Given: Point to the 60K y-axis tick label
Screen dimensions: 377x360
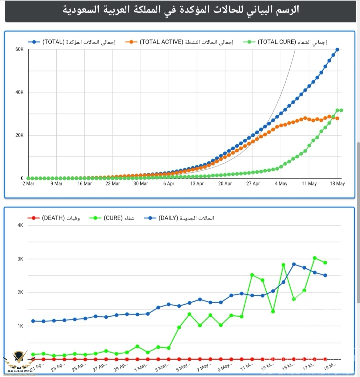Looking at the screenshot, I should tap(20, 49).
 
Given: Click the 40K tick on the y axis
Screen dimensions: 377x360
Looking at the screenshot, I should tap(20, 92).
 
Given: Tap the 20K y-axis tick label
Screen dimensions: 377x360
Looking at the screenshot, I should tap(20, 135).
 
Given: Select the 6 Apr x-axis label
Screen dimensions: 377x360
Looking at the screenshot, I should tap(169, 184).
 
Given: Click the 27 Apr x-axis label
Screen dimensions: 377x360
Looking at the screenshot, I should tap(253, 184).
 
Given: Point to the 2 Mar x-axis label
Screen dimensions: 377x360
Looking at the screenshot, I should tap(28, 184).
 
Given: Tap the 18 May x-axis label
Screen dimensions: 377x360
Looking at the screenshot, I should tap(337, 184).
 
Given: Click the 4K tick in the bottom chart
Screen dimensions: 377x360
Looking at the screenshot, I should tap(20, 225).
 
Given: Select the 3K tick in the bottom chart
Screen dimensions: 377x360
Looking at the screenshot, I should tap(20, 259).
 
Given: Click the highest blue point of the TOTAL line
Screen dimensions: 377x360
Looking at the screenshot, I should tap(337, 49).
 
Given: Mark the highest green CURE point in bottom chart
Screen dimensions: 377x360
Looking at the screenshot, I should tap(315, 258).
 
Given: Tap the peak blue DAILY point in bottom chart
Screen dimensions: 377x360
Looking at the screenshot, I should tap(294, 264).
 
